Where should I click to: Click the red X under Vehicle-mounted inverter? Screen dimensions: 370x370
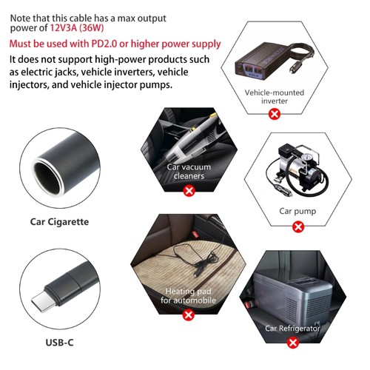coord(275,114)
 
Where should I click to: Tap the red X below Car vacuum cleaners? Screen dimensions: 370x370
coord(189,191)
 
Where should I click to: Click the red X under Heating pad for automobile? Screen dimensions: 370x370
coord(189,315)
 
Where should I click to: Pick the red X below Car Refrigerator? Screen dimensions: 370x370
coord(293,342)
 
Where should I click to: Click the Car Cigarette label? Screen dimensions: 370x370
coord(59,221)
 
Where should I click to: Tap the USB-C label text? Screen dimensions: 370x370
coord(59,343)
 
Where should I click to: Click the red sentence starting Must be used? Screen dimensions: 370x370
coord(115,44)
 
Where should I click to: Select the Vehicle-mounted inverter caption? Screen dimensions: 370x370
coord(275,96)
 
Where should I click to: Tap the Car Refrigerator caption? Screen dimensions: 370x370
coord(293,327)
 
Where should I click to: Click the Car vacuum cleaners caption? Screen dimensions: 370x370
coord(189,172)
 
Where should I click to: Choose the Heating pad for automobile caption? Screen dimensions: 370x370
coord(189,296)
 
